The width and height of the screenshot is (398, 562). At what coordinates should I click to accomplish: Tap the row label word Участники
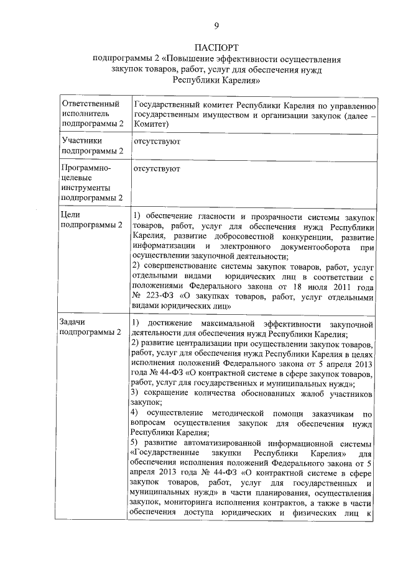80,141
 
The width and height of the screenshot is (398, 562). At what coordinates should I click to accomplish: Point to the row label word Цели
70,213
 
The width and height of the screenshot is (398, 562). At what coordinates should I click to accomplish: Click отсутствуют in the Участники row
157,142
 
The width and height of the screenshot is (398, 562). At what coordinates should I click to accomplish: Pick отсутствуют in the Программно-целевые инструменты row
157,168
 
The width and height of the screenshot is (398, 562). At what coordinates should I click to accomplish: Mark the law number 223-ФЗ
159,296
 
